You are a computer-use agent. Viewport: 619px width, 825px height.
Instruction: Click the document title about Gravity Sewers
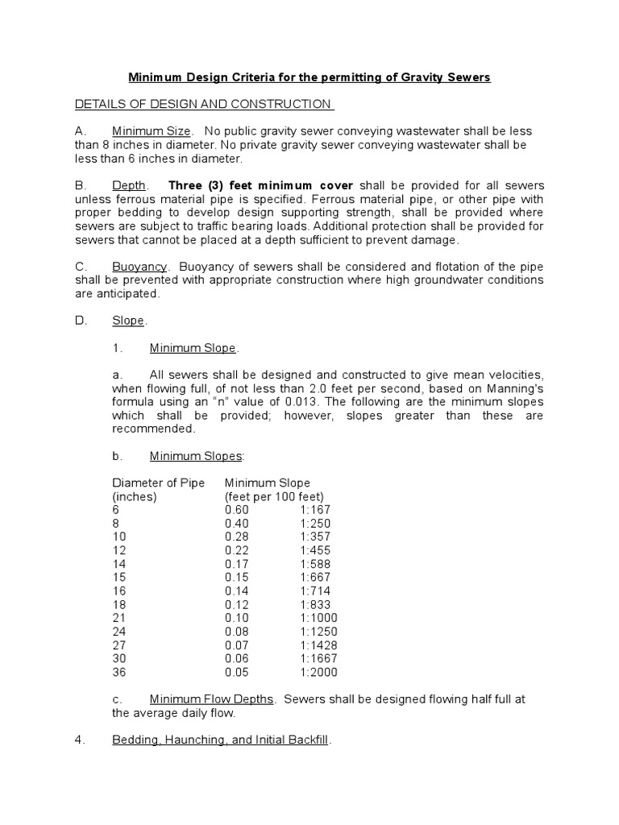pyautogui.click(x=309, y=77)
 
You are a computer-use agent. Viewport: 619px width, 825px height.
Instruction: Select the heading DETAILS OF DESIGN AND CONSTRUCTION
pyautogui.click(x=203, y=104)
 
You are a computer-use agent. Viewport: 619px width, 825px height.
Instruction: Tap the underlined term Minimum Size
pyautogui.click(x=152, y=131)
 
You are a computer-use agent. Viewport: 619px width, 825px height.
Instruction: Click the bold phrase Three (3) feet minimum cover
pyautogui.click(x=260, y=185)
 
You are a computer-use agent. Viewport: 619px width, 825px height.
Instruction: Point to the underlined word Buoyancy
pyautogui.click(x=139, y=266)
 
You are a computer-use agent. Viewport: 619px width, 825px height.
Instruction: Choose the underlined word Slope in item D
pyautogui.click(x=128, y=321)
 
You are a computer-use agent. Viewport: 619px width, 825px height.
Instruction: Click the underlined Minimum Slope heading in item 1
pyautogui.click(x=193, y=348)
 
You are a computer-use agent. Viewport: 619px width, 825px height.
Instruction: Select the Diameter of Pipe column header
pyautogui.click(x=158, y=483)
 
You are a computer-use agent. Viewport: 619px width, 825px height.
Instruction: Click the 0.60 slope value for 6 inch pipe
pyautogui.click(x=237, y=510)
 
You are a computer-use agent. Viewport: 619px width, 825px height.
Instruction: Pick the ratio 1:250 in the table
pyautogui.click(x=314, y=524)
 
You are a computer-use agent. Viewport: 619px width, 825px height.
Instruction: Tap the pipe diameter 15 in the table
pyautogui.click(x=118, y=578)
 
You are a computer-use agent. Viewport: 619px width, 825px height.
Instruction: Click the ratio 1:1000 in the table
pyautogui.click(x=318, y=618)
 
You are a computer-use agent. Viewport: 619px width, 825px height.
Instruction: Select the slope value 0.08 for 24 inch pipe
pyautogui.click(x=237, y=632)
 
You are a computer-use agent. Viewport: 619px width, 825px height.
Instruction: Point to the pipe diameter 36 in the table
pyautogui.click(x=118, y=672)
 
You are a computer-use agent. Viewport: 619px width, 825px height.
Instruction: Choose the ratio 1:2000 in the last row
pyautogui.click(x=318, y=672)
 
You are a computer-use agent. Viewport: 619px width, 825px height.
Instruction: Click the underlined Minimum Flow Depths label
pyautogui.click(x=212, y=699)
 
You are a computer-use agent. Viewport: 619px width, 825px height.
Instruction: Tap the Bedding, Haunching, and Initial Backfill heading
pyautogui.click(x=220, y=740)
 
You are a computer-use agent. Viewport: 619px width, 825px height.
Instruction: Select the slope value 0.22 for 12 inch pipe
pyautogui.click(x=237, y=550)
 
